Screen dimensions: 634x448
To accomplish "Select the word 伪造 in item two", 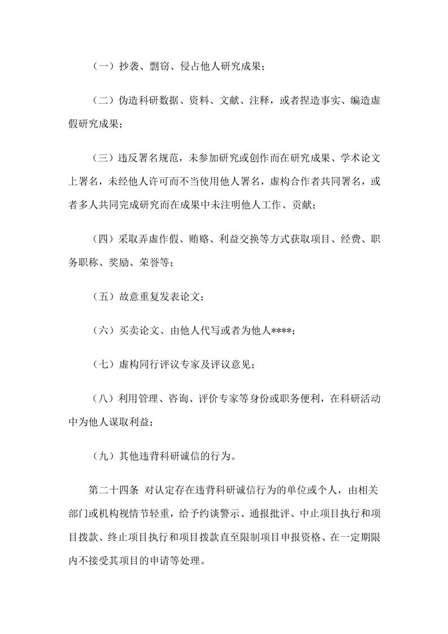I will point(127,101).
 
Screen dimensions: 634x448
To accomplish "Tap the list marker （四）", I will point(102,238).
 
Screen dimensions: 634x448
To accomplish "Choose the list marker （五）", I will point(102,296).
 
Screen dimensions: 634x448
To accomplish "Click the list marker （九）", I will point(102,454).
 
